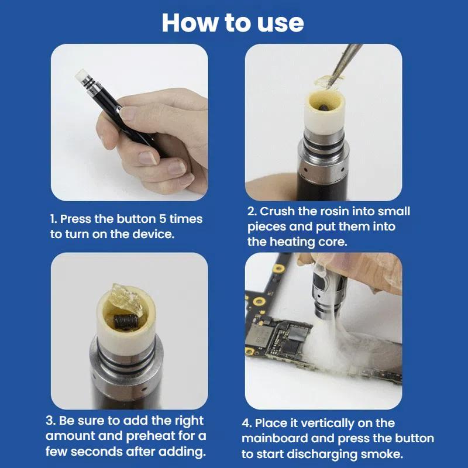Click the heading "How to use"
tap(233, 23)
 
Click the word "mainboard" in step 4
tap(271, 438)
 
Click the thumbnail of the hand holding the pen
tap(129, 122)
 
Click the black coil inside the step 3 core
tap(125, 321)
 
